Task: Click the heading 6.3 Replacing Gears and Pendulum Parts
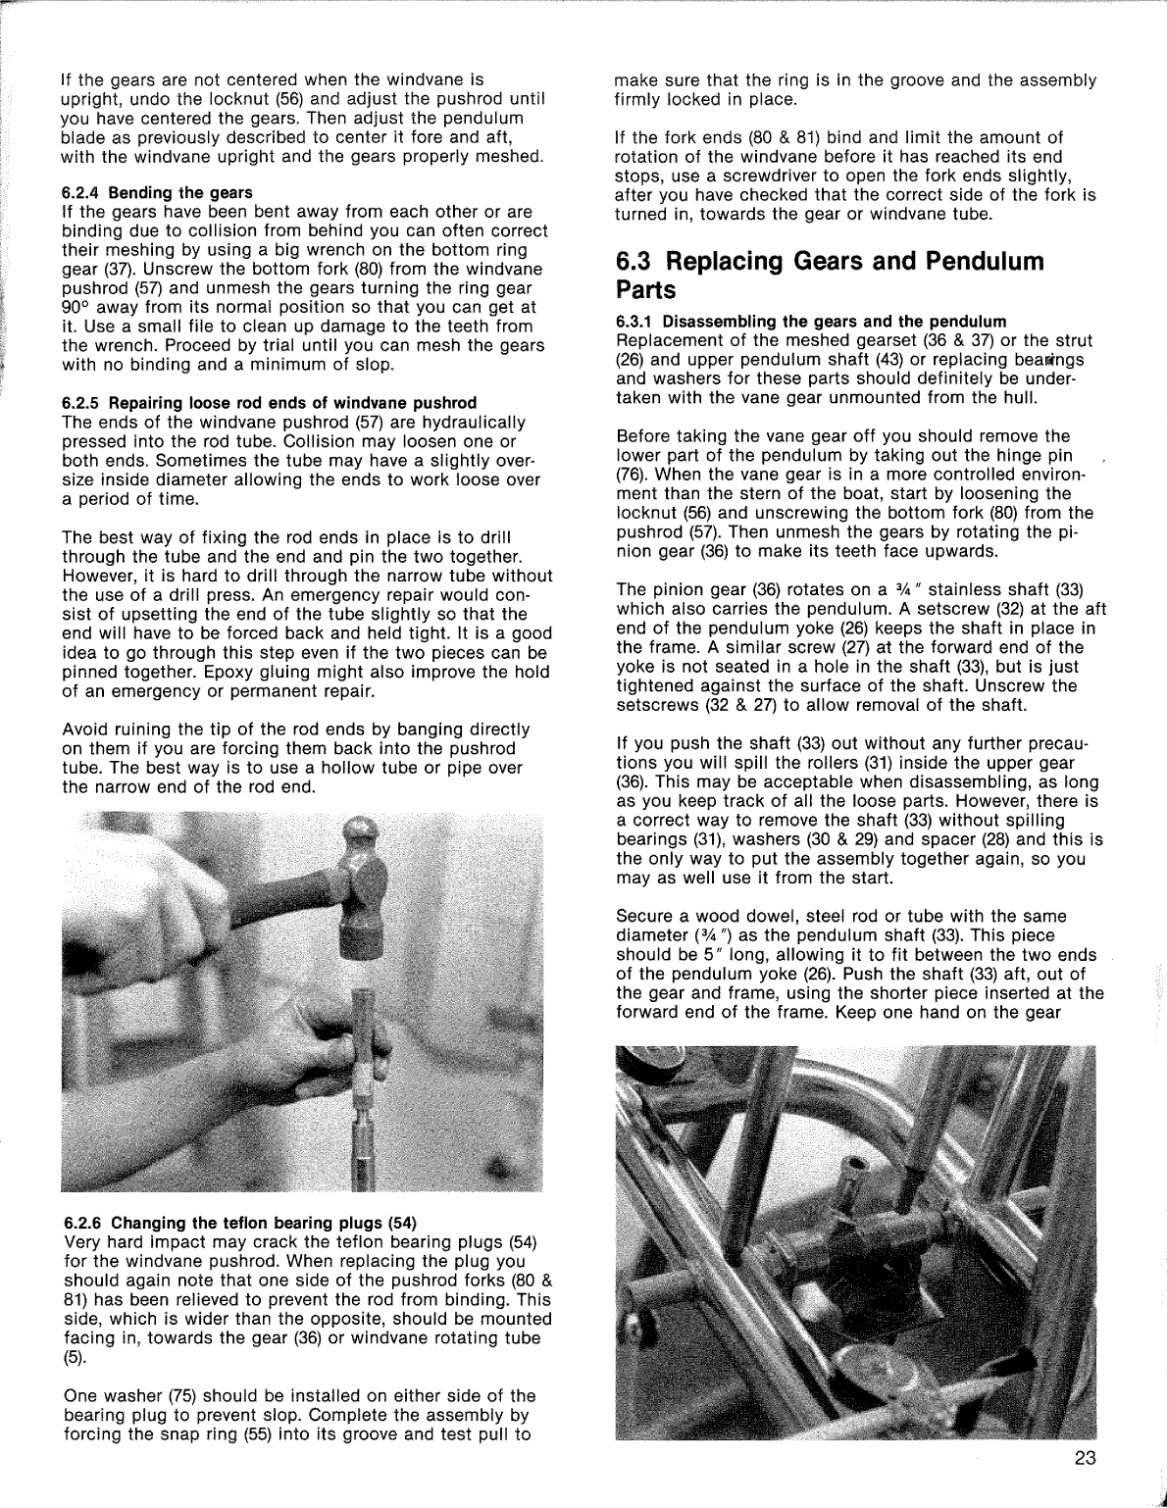pyautogui.click(x=830, y=276)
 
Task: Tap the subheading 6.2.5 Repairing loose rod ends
pyautogui.click(x=269, y=403)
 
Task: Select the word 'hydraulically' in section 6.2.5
pyautogui.click(x=474, y=423)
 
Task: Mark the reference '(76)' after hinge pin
pyautogui.click(x=634, y=475)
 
